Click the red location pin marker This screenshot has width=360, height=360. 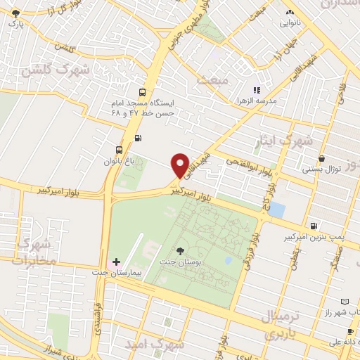tap(180, 165)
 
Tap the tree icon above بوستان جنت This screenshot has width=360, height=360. tap(181, 251)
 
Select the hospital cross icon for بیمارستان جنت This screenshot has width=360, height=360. tap(117, 262)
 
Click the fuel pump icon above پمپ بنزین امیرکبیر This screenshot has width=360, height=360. tap(313, 226)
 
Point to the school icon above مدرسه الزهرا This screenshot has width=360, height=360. tap(257, 90)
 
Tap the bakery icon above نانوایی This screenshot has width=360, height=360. tap(289, 12)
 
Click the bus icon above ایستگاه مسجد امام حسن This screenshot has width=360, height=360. tap(143, 92)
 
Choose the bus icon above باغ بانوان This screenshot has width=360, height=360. tap(119, 150)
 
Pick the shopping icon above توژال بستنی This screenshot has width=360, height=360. tap(321, 159)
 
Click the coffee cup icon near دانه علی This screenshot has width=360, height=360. tap(350, 331)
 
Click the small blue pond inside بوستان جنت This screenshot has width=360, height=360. tap(228, 260)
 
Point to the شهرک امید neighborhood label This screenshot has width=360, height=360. tap(154, 345)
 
